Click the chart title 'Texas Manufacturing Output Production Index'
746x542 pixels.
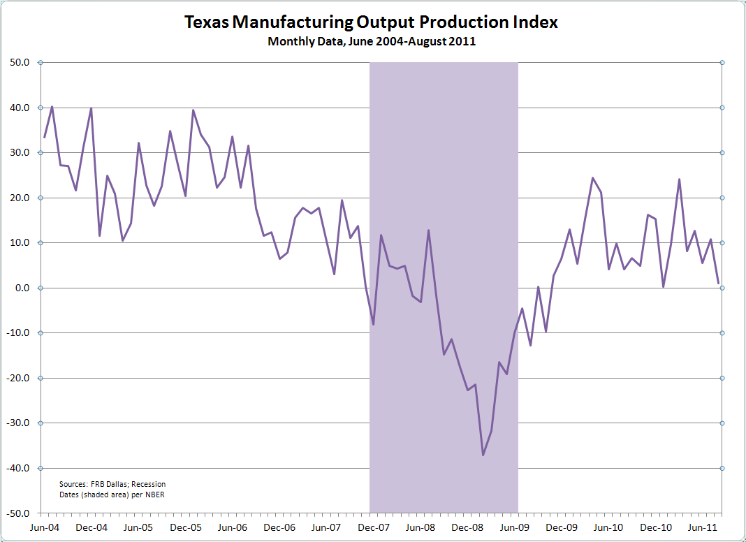click(x=372, y=22)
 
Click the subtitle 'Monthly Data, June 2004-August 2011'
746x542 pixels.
click(x=372, y=41)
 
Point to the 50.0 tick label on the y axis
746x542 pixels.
click(x=20, y=63)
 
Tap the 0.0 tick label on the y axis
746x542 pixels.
click(x=22, y=288)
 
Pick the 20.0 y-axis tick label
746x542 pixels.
click(x=20, y=198)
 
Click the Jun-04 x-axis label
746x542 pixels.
click(x=45, y=527)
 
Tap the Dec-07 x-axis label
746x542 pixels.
click(x=376, y=527)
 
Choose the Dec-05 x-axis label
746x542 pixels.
click(x=186, y=527)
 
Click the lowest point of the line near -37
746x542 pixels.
click(x=483, y=455)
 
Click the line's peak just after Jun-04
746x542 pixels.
click(x=52, y=107)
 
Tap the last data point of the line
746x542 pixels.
click(x=719, y=284)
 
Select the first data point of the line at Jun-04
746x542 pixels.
click(x=45, y=137)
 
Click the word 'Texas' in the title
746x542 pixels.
click(x=207, y=22)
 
